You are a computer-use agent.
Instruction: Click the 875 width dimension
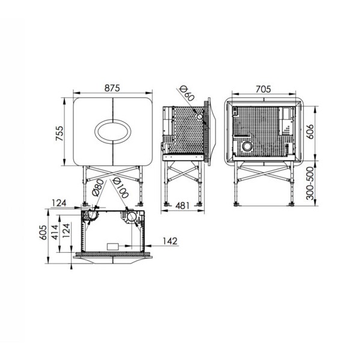112,88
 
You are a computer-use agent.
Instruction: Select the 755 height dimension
59,134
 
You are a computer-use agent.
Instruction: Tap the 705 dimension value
264,89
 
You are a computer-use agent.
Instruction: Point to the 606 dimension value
310,131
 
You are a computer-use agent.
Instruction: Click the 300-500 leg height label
310,184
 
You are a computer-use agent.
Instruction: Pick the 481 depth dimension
182,206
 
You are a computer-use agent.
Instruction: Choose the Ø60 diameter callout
187,93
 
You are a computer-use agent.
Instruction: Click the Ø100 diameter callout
120,188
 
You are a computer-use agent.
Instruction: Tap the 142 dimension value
170,241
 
